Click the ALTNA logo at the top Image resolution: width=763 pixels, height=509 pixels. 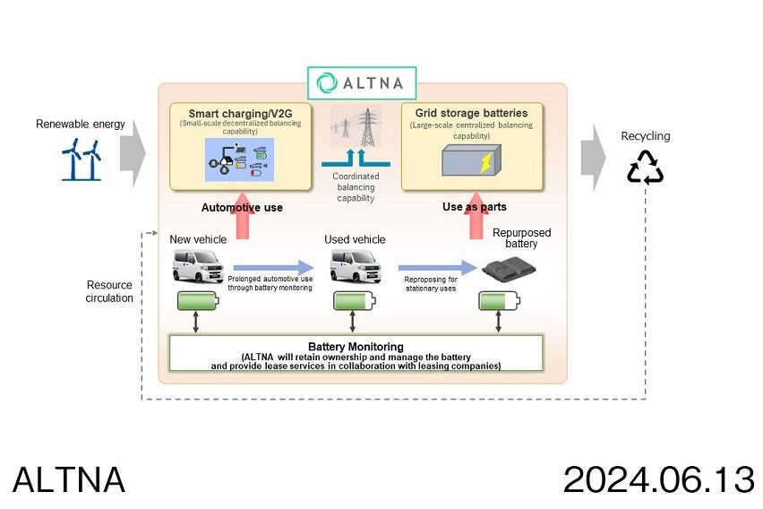tap(362, 82)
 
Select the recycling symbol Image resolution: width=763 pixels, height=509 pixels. tap(645, 167)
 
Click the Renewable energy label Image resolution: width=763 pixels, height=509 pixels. tap(81, 124)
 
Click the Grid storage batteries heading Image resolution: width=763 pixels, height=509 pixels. tap(471, 114)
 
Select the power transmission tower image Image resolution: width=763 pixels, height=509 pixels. tap(356, 126)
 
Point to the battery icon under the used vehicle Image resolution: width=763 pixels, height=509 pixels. tap(354, 301)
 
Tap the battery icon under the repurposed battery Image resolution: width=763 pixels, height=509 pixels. tap(498, 301)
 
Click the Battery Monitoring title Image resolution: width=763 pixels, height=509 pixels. tap(356, 346)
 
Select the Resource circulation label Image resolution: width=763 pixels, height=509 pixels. tap(110, 291)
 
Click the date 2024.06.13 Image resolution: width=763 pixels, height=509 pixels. tap(658, 480)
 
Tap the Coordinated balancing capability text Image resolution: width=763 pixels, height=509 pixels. tap(356, 186)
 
